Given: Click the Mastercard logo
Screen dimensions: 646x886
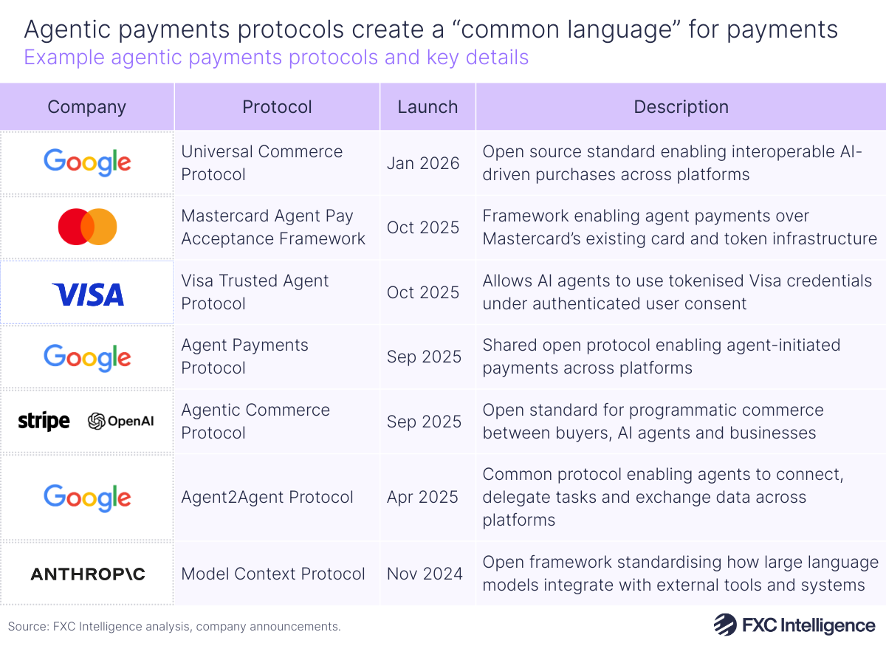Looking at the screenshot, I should pyautogui.click(x=87, y=227).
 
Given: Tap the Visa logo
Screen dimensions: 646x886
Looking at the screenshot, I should pyautogui.click(x=87, y=295).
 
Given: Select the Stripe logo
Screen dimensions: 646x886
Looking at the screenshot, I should pyautogui.click(x=44, y=422).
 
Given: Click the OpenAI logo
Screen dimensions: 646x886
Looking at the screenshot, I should pyautogui.click(x=120, y=422).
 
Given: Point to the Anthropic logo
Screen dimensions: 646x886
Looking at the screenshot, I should pyautogui.click(x=87, y=574).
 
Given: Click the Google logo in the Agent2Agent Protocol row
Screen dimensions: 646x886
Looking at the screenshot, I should pyautogui.click(x=87, y=497).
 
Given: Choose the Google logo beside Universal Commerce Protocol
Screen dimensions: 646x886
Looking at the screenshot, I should pyautogui.click(x=87, y=162).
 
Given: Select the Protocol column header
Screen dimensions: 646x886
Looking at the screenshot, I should pyautogui.click(x=277, y=106).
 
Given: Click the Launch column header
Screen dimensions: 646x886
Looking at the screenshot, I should pyautogui.click(x=427, y=106).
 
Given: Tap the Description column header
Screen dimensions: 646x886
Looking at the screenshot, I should pyautogui.click(x=681, y=106).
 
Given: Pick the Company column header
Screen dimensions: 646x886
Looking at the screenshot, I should pyautogui.click(x=86, y=106).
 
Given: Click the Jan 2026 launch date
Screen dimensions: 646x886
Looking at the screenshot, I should pyautogui.click(x=423, y=162).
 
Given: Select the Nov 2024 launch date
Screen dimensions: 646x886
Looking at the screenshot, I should pyautogui.click(x=425, y=574).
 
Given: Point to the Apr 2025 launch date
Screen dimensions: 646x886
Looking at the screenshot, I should pyautogui.click(x=423, y=497).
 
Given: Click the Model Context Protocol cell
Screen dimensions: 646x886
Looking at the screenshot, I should pyautogui.click(x=273, y=574).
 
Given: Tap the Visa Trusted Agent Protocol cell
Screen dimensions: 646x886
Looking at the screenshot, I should pyautogui.click(x=255, y=292).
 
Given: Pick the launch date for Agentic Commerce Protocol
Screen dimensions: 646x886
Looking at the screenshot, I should pyautogui.click(x=424, y=422).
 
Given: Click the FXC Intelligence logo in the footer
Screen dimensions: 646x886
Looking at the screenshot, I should pyautogui.click(x=794, y=625).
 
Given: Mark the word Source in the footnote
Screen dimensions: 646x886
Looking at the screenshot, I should pyautogui.click(x=27, y=627).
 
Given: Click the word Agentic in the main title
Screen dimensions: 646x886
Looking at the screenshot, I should pyautogui.click(x=63, y=29).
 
